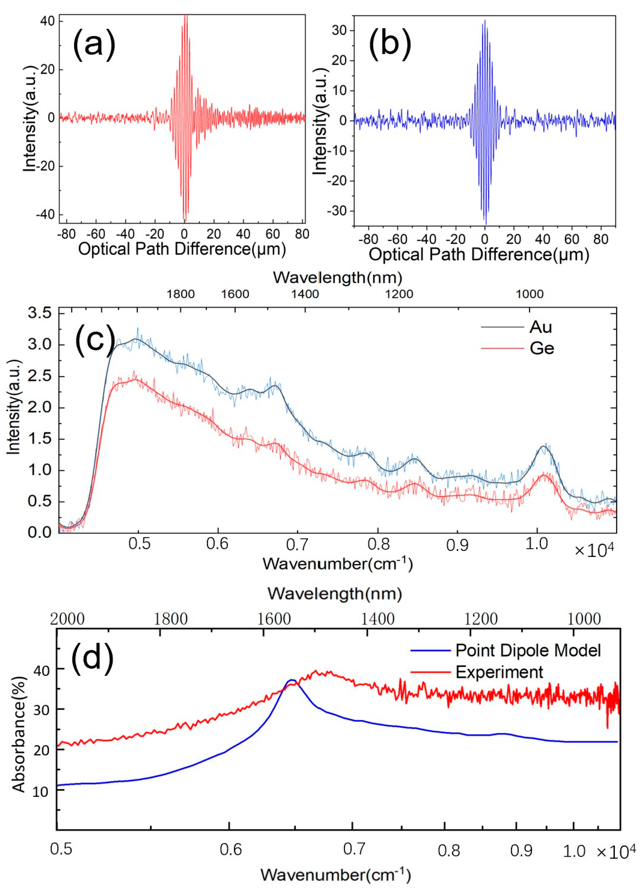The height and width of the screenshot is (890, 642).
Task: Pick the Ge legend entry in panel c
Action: click(542, 348)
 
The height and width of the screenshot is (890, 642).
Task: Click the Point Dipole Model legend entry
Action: click(528, 651)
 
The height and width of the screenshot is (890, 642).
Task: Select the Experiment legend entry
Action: click(499, 672)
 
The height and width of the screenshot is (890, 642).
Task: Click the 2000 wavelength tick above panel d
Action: click(68, 619)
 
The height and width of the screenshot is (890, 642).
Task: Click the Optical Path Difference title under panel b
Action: click(479, 255)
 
